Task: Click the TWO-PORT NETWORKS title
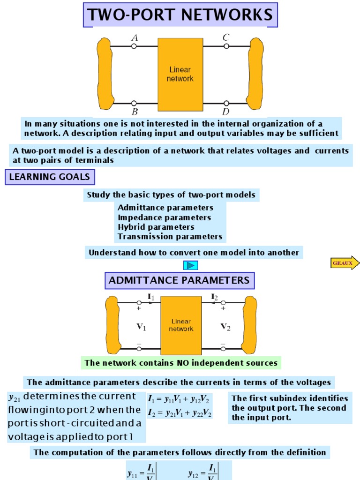180,15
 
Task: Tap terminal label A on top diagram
135,37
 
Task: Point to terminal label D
225,112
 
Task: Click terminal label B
135,112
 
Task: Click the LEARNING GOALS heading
50,177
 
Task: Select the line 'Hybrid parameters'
156,227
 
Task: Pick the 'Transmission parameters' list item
170,237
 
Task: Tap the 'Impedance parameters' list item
165,217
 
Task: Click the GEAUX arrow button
345,263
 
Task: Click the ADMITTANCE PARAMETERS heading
179,280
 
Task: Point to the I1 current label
150,297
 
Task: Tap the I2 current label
214,297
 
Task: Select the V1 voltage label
141,327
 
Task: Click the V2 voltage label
225,327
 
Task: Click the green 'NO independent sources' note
181,363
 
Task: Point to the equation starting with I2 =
180,413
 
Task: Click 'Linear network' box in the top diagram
180,74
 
